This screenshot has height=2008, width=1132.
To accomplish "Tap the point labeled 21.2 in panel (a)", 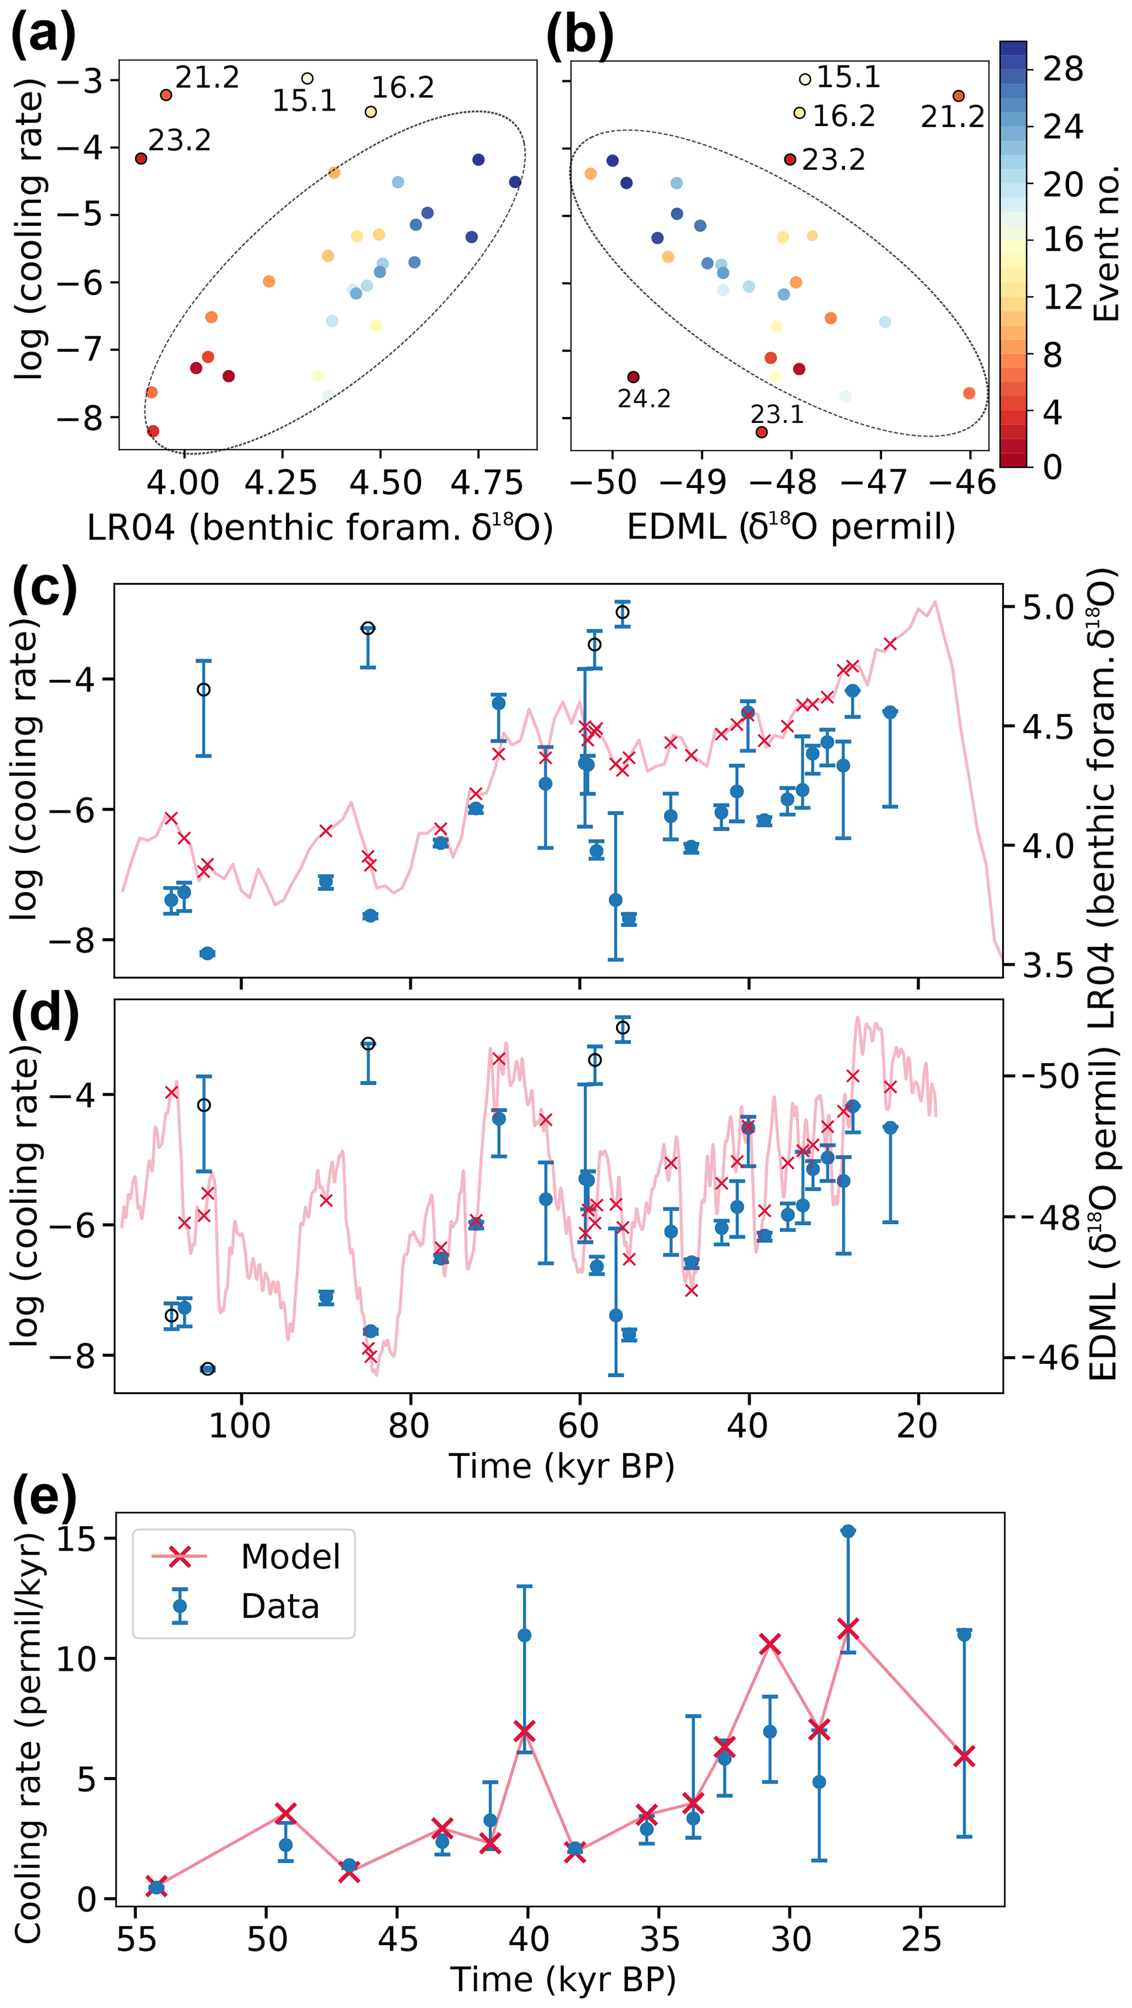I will (x=166, y=95).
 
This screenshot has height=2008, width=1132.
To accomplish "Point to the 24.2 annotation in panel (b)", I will (x=644, y=399).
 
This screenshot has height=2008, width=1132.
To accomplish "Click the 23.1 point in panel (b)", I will (x=762, y=432).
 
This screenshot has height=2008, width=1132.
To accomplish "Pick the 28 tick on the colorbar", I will (x=1064, y=70).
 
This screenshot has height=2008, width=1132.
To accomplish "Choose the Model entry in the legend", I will (x=290, y=1557).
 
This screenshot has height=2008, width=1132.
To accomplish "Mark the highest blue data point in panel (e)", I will (x=847, y=1531).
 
